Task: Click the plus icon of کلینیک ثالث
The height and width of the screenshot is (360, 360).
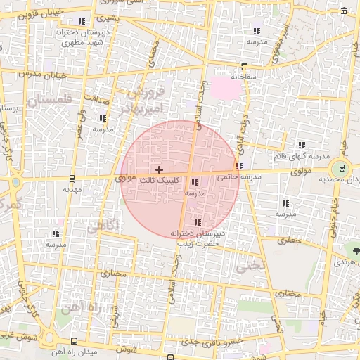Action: coord(159,169)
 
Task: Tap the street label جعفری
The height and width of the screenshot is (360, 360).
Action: coord(290,240)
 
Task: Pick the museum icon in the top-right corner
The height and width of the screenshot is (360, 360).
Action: coord(344,11)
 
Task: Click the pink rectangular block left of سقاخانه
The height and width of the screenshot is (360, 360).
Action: coord(225,87)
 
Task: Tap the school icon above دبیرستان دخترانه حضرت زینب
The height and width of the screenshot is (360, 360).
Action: coord(196,222)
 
